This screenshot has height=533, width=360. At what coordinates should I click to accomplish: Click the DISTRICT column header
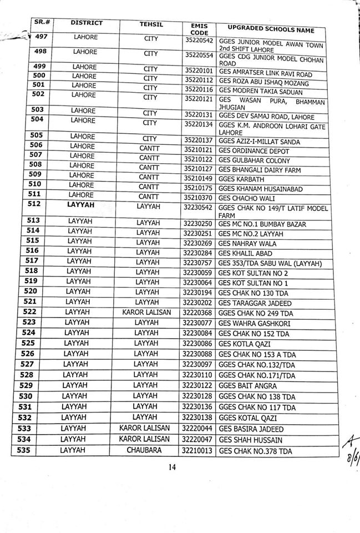click(x=87, y=23)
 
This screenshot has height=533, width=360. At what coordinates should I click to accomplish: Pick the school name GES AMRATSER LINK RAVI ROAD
click(x=265, y=74)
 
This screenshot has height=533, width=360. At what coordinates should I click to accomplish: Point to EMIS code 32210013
click(x=196, y=450)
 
